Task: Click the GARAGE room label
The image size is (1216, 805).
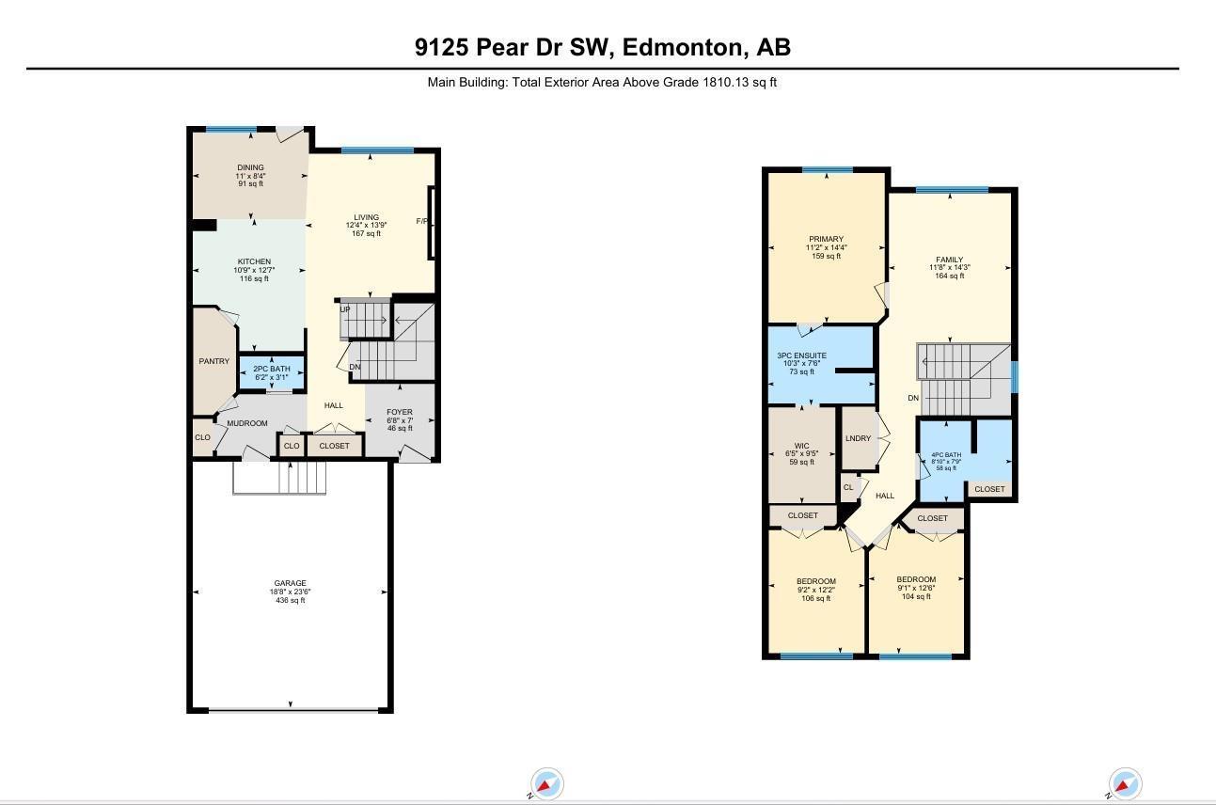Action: click(x=290, y=583)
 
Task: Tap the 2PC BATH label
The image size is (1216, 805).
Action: click(x=272, y=369)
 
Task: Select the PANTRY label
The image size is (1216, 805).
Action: click(x=213, y=361)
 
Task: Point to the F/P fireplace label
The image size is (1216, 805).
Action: click(x=421, y=222)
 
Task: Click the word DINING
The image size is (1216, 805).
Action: click(x=250, y=167)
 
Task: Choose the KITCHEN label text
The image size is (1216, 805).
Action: click(x=254, y=261)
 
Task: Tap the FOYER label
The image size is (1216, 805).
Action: click(x=400, y=412)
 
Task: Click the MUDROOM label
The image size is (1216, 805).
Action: click(x=247, y=423)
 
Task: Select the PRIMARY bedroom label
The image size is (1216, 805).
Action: click(x=826, y=239)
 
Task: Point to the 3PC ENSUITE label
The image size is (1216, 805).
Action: click(x=802, y=355)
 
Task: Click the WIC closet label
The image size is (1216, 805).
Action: click(x=801, y=446)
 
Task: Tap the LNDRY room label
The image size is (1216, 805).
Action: click(x=858, y=438)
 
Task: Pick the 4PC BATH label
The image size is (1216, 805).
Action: click(x=945, y=455)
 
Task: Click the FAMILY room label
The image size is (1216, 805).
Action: click(x=949, y=260)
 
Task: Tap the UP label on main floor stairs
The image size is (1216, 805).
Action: click(x=345, y=309)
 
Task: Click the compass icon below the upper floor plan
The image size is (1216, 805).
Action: click(x=1125, y=783)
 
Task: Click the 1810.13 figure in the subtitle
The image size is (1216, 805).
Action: click(x=726, y=82)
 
